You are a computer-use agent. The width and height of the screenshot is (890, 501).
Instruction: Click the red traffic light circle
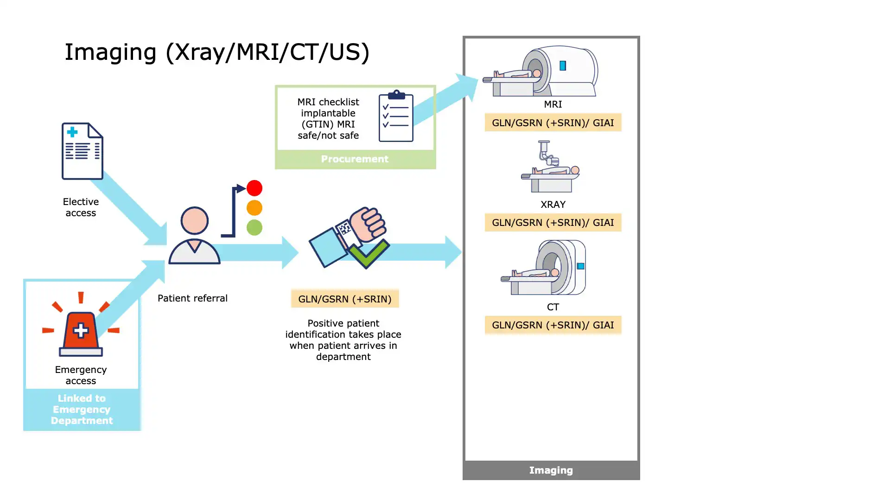(x=254, y=188)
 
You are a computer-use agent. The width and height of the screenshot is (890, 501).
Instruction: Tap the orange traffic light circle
(x=254, y=208)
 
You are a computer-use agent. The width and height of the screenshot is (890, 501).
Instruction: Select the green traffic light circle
(x=254, y=227)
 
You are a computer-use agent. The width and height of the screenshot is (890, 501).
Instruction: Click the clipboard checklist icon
(x=396, y=116)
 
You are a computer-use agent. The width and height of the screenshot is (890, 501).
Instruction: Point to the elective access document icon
(x=83, y=151)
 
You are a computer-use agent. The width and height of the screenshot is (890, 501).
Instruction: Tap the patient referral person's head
(x=194, y=220)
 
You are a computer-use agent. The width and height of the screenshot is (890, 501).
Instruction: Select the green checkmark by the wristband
(x=369, y=253)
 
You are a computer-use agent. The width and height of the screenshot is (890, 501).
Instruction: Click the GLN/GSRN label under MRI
(x=553, y=123)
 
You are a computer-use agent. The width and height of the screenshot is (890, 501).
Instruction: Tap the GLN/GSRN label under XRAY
(x=553, y=223)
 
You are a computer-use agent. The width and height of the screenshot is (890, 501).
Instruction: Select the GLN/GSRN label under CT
(x=553, y=325)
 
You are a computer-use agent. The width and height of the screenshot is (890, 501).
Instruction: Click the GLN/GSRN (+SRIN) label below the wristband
(x=345, y=299)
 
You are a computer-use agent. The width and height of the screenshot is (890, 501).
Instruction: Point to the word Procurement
(x=355, y=159)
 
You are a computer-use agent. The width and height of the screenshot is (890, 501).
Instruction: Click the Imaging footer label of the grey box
(x=551, y=470)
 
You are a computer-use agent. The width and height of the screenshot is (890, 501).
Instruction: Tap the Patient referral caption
(x=192, y=298)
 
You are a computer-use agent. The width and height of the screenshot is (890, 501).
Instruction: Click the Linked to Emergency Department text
(x=82, y=410)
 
